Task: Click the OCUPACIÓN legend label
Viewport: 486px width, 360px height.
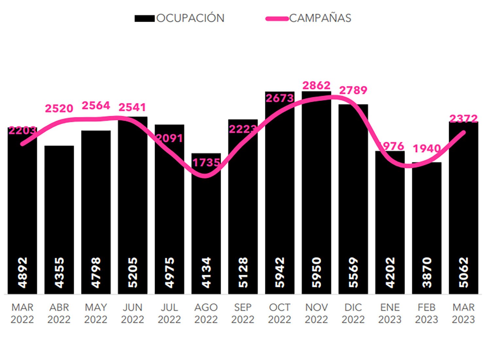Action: coord(190,18)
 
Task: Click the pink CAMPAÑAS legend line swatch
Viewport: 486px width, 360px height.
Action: coord(277,19)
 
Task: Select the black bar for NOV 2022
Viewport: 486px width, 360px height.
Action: coord(316,196)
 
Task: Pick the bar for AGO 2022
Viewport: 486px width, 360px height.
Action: coord(206,223)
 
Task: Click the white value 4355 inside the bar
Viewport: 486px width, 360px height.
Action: coord(59,273)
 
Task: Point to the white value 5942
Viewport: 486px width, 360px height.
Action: coord(280,273)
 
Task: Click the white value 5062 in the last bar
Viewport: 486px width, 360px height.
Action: coord(463,273)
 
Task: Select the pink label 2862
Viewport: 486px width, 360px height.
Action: coord(316,85)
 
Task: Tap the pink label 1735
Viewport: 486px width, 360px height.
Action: coord(206,163)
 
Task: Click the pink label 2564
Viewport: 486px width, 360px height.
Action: coord(96,106)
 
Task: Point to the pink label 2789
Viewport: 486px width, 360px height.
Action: coord(353,90)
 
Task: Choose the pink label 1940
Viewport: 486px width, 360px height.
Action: coord(426,149)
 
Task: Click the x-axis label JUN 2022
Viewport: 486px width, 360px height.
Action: coord(132,313)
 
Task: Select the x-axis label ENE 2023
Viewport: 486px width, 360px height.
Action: coord(390,313)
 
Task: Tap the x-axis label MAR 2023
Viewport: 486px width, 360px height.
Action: coord(463,313)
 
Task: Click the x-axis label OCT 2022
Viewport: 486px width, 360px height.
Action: coord(280,313)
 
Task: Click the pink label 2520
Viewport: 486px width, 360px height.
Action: coord(59,108)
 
